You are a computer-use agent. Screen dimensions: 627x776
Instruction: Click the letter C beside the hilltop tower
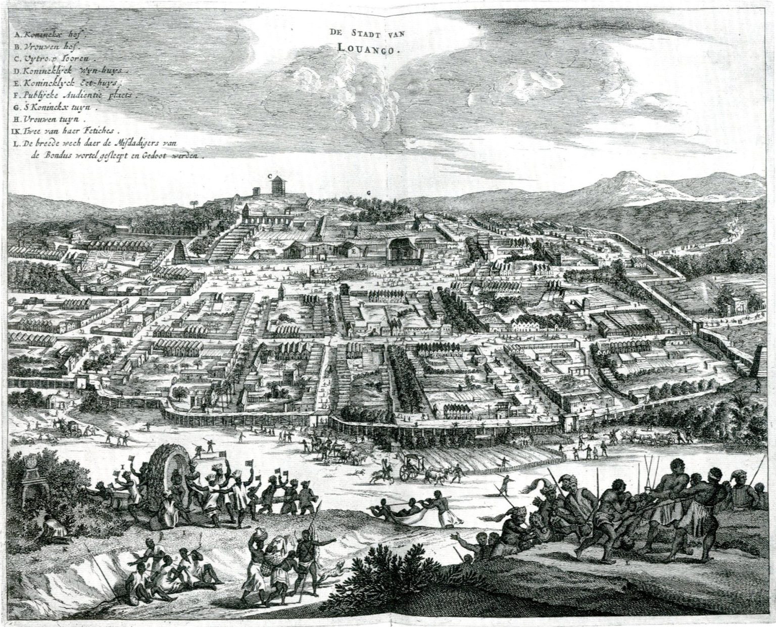pyautogui.click(x=270, y=176)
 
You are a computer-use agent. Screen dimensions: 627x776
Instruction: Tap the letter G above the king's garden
pyautogui.click(x=368, y=193)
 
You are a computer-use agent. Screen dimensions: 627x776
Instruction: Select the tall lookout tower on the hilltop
pyautogui.click(x=277, y=185)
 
